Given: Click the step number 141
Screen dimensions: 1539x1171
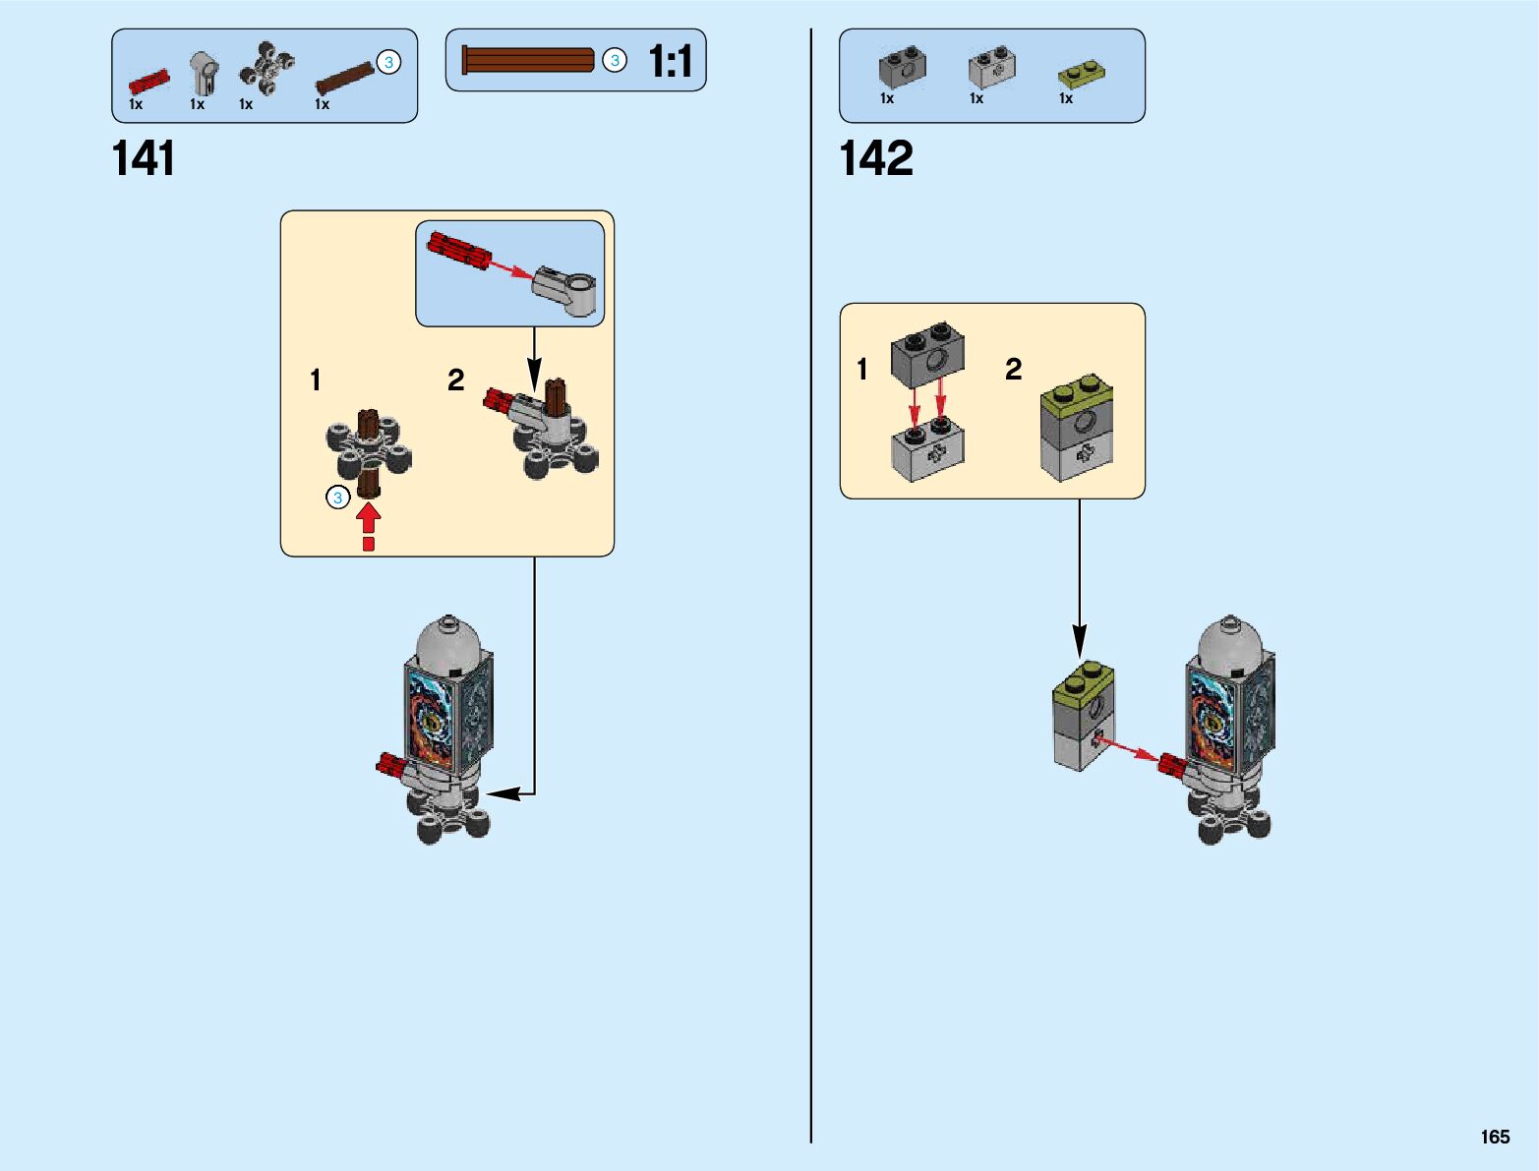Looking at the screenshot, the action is (144, 158).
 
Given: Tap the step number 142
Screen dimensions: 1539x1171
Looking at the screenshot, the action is (875, 158).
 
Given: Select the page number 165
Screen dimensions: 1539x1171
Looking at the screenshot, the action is (1494, 1137).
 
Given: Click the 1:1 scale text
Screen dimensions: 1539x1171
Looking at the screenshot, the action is (671, 62).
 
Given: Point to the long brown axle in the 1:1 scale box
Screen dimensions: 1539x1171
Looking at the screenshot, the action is (528, 60).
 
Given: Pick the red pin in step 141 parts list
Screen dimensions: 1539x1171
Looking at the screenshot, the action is (148, 81).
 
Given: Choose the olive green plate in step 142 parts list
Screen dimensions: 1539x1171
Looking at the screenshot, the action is (1080, 72).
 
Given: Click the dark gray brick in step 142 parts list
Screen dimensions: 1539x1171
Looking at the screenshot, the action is (902, 67).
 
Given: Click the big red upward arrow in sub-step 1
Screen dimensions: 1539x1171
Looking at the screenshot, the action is (368, 517).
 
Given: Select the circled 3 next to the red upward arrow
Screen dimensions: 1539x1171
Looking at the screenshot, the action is (337, 498).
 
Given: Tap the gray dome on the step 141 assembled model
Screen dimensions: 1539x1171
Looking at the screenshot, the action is (448, 643).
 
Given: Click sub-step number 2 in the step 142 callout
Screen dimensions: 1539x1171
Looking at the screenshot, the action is (1013, 370).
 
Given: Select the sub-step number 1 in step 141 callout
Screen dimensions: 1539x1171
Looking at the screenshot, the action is (315, 381).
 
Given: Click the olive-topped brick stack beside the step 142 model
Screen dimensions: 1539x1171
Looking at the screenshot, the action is (1083, 716).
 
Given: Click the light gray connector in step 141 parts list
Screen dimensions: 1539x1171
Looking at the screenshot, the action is (204, 73).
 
